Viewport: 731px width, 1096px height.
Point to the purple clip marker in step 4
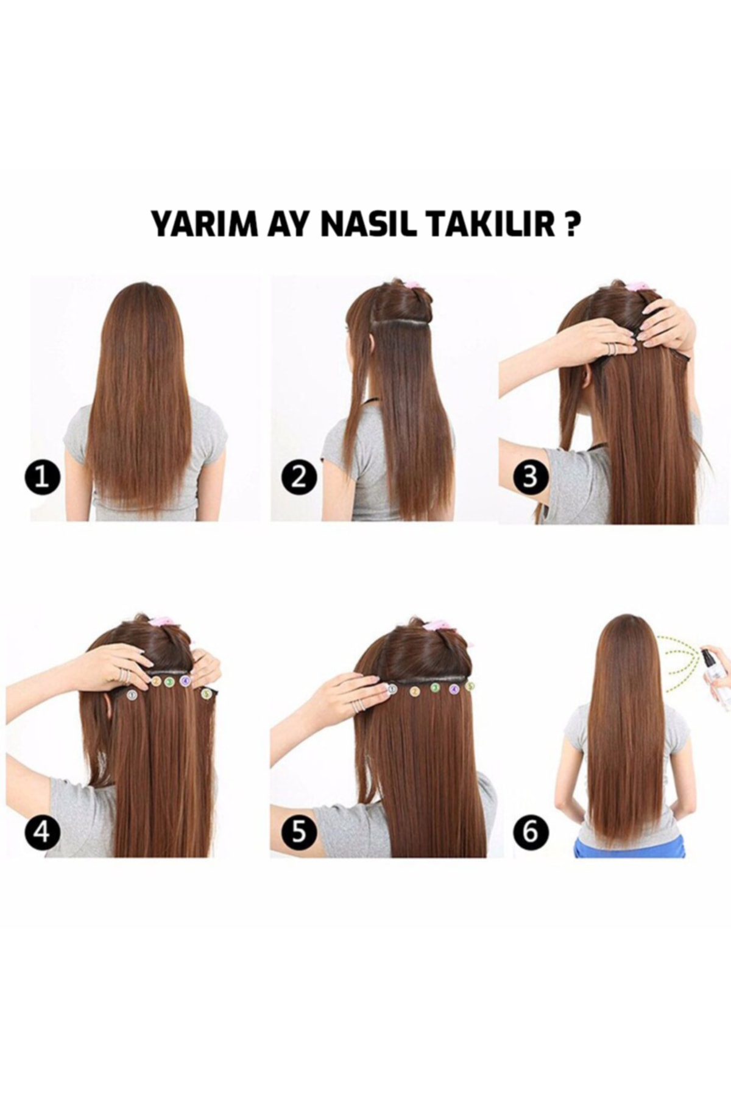[185, 681]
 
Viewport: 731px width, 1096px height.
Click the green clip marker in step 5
[436, 688]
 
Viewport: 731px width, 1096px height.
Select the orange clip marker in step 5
[415, 691]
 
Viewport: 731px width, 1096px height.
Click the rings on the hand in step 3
[611, 348]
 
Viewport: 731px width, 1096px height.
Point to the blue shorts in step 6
[629, 847]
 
